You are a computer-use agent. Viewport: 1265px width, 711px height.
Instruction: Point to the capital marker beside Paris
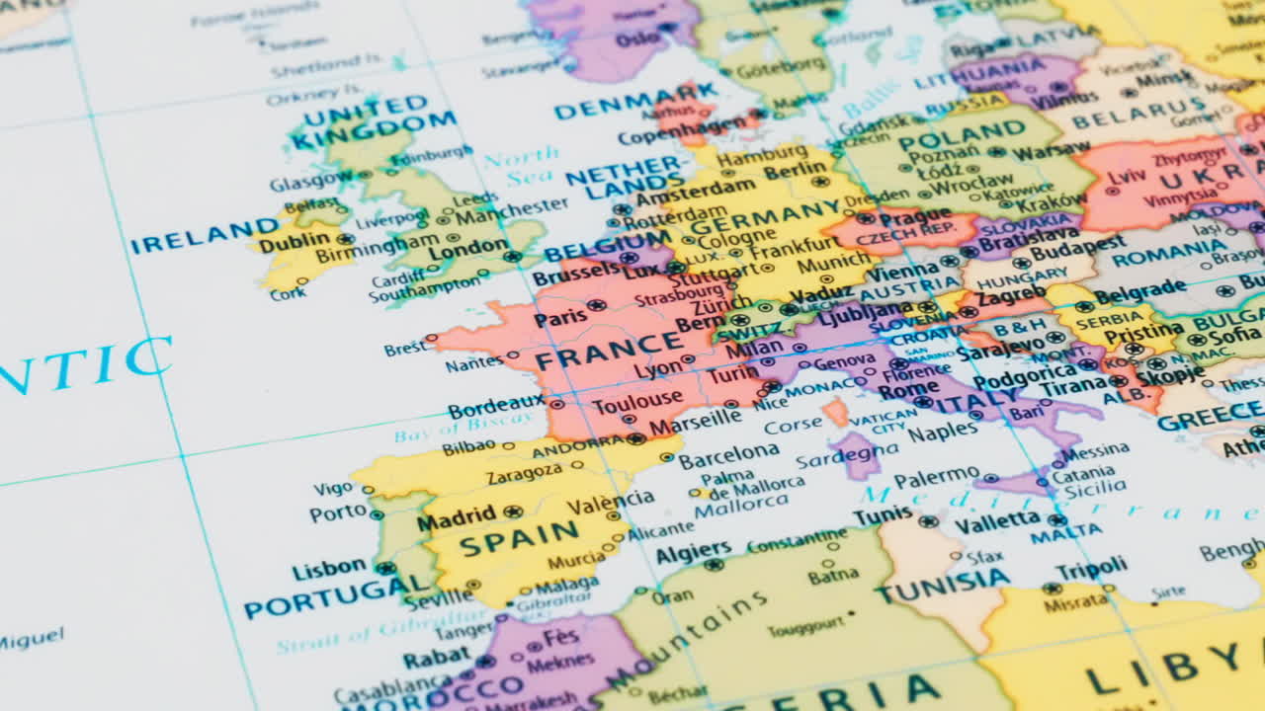[x=596, y=306]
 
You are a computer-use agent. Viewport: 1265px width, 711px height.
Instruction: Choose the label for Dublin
[x=294, y=240]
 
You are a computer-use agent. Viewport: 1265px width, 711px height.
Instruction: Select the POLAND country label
[x=962, y=134]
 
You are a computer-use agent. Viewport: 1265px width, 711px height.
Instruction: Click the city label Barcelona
[x=728, y=456]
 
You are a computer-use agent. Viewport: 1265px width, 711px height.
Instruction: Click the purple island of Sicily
[x=1018, y=482]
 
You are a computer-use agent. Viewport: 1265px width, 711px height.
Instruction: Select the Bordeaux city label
[x=496, y=406]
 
